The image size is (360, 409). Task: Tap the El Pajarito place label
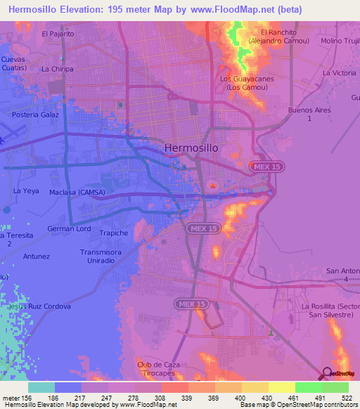click(58, 33)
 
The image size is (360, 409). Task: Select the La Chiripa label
click(57, 69)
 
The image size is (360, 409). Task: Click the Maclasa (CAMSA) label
click(77, 191)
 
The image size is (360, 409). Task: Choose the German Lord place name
click(69, 228)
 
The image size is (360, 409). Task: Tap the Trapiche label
click(114, 233)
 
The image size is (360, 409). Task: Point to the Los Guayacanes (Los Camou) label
click(246, 83)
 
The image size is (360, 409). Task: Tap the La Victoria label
click(340, 73)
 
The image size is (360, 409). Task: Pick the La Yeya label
click(25, 190)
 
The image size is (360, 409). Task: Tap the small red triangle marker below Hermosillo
click(213, 186)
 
